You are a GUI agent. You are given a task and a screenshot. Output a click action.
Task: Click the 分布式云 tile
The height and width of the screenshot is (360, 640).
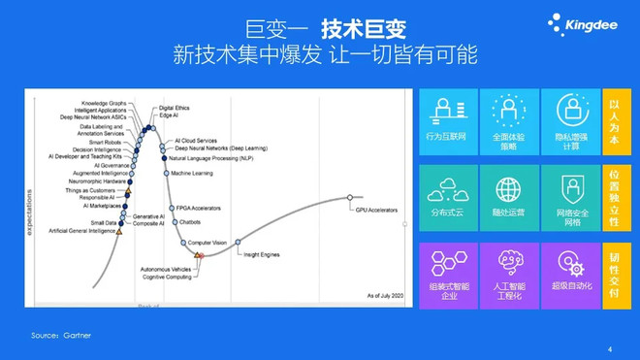tap(446, 197)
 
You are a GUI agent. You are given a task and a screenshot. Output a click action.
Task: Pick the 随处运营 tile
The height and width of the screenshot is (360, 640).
tap(509, 197)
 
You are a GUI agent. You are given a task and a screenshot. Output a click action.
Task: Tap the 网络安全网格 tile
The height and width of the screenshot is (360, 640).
tap(570, 197)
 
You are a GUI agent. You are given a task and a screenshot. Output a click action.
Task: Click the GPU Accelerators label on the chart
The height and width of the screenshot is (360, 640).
tap(376, 210)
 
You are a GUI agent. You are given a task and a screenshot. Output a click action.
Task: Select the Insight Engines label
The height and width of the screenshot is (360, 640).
tap(263, 253)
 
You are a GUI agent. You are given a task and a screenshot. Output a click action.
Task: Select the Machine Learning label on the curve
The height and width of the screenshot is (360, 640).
tap(192, 173)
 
